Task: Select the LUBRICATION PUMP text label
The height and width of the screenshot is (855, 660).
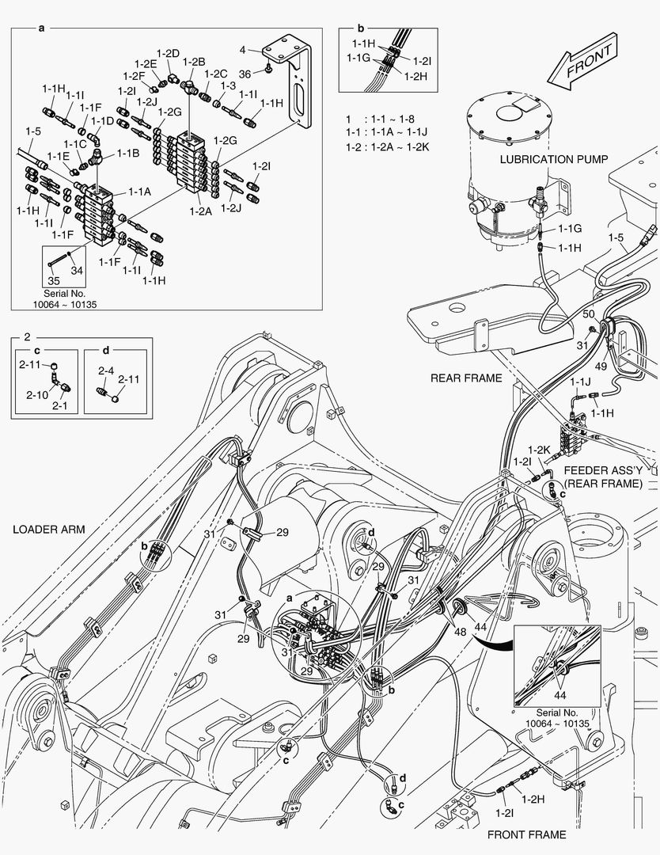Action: tap(554, 159)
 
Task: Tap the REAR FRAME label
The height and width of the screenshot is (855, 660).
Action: tap(466, 378)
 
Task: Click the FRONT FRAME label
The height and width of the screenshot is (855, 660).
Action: tap(526, 834)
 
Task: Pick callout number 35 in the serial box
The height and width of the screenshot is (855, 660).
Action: tap(54, 280)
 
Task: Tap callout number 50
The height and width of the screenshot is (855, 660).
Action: tap(589, 314)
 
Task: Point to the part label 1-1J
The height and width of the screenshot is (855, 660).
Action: tap(580, 382)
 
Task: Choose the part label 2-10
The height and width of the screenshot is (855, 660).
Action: tap(36, 394)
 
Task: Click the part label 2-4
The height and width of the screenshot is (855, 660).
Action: tap(105, 370)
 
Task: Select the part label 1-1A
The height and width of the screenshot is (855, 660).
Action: tap(139, 192)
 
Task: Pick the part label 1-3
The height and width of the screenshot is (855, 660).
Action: tap(228, 85)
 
